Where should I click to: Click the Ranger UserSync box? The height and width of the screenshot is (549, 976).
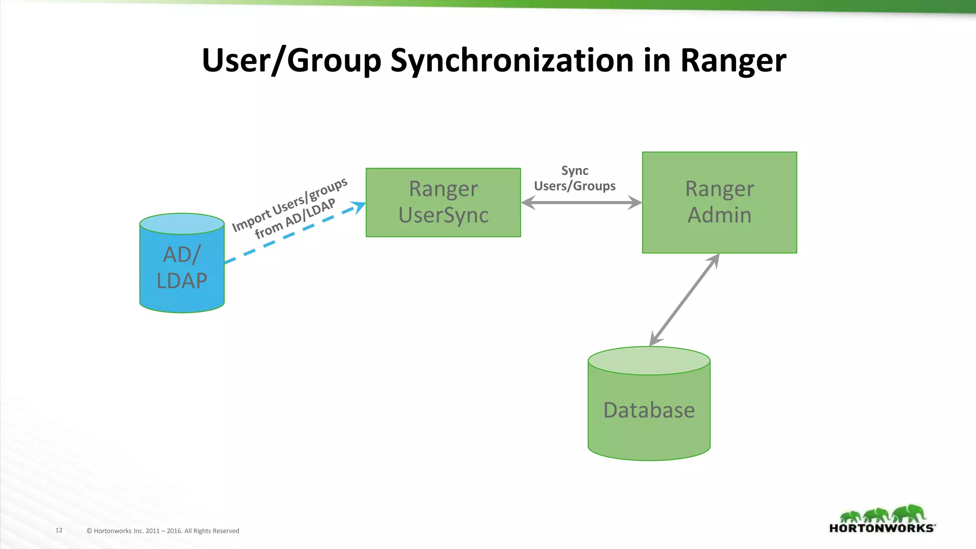443,202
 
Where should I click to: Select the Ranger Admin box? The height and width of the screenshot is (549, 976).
719,202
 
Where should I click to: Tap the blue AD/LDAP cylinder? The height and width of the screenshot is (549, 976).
182,272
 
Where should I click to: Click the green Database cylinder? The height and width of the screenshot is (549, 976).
649,410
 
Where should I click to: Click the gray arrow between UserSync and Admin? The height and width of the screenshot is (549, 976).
581,203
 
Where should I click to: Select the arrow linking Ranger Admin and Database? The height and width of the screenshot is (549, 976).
684,300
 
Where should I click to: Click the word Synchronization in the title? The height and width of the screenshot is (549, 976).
512,61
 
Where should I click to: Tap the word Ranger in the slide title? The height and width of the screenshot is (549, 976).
733,61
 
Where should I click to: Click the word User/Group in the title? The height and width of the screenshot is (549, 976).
291,61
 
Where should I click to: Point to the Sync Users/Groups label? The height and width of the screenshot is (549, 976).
575,178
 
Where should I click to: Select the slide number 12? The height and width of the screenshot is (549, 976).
59,530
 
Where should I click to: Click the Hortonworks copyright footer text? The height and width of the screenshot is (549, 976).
163,530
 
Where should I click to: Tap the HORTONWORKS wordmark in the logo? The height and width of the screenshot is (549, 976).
882,528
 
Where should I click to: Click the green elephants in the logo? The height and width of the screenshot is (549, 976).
883,514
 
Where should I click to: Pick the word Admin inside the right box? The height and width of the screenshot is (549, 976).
719,215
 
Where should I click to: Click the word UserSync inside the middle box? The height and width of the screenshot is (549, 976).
443,215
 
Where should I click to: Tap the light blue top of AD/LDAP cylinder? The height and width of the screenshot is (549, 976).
182,224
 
